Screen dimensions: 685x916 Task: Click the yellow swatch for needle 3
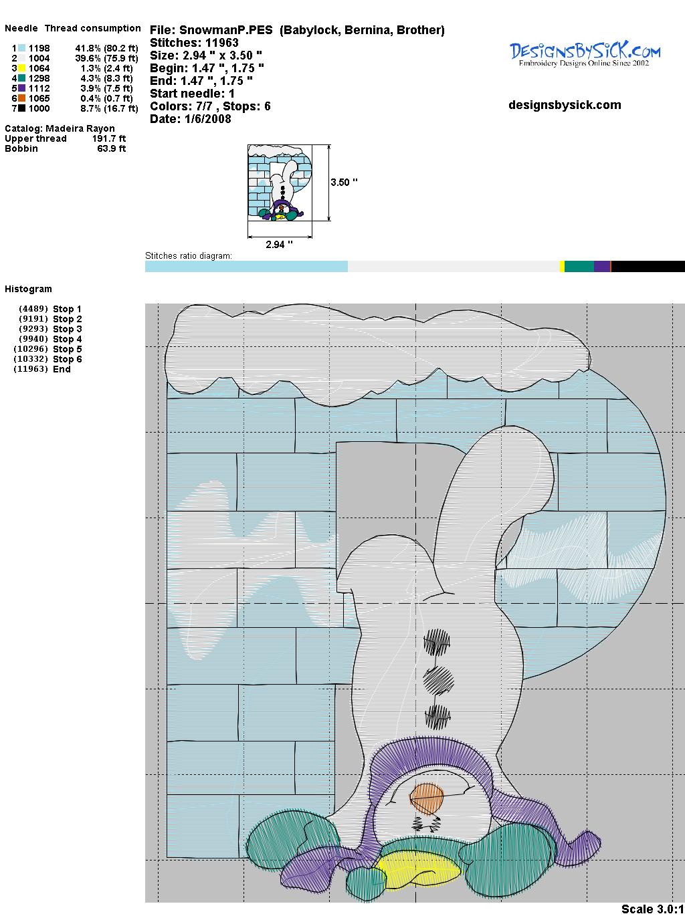[x=21, y=68]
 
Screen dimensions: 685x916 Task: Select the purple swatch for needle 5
[x=21, y=88]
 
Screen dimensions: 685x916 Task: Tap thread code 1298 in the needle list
[x=39, y=78]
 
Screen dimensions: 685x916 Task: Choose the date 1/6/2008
[x=207, y=119]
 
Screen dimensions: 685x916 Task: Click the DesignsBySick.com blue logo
[x=585, y=54]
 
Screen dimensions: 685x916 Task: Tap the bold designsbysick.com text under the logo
[x=565, y=105]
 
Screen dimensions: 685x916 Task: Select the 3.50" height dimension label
[x=344, y=183]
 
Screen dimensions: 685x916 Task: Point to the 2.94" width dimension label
[x=279, y=244]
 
